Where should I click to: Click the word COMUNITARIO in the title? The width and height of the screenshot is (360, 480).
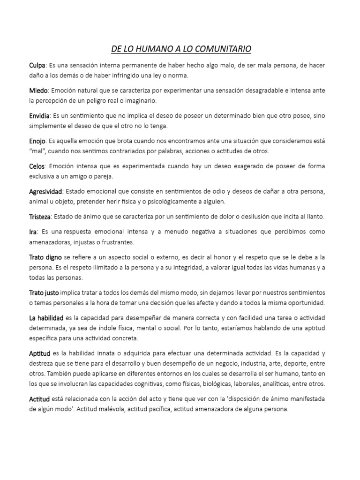pos(222,49)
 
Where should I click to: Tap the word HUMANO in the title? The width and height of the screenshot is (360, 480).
pos(150,49)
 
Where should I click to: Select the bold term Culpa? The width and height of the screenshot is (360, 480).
pos(38,65)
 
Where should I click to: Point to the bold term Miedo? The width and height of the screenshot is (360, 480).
pos(39,90)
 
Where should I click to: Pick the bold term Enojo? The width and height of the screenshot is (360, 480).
pos(38,141)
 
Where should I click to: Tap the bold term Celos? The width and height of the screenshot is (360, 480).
pos(37,166)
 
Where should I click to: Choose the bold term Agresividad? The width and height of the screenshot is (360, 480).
pos(45,192)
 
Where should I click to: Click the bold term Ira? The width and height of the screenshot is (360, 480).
pos(33,232)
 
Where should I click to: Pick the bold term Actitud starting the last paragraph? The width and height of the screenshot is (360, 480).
pos(40,399)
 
